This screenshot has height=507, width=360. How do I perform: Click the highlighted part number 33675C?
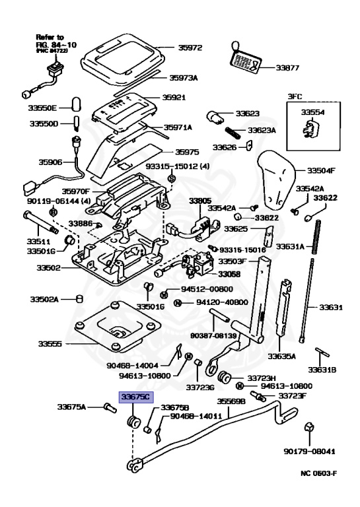(135, 397)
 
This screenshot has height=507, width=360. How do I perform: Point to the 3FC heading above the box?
(294, 96)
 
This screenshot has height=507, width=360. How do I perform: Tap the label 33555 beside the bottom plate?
(50, 344)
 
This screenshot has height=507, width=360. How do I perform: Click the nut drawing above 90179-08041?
(309, 430)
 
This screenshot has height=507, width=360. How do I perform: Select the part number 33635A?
(281, 356)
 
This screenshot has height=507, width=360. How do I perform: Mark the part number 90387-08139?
(213, 335)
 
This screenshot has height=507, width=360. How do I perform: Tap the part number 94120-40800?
(207, 302)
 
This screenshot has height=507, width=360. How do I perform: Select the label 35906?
(51, 162)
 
